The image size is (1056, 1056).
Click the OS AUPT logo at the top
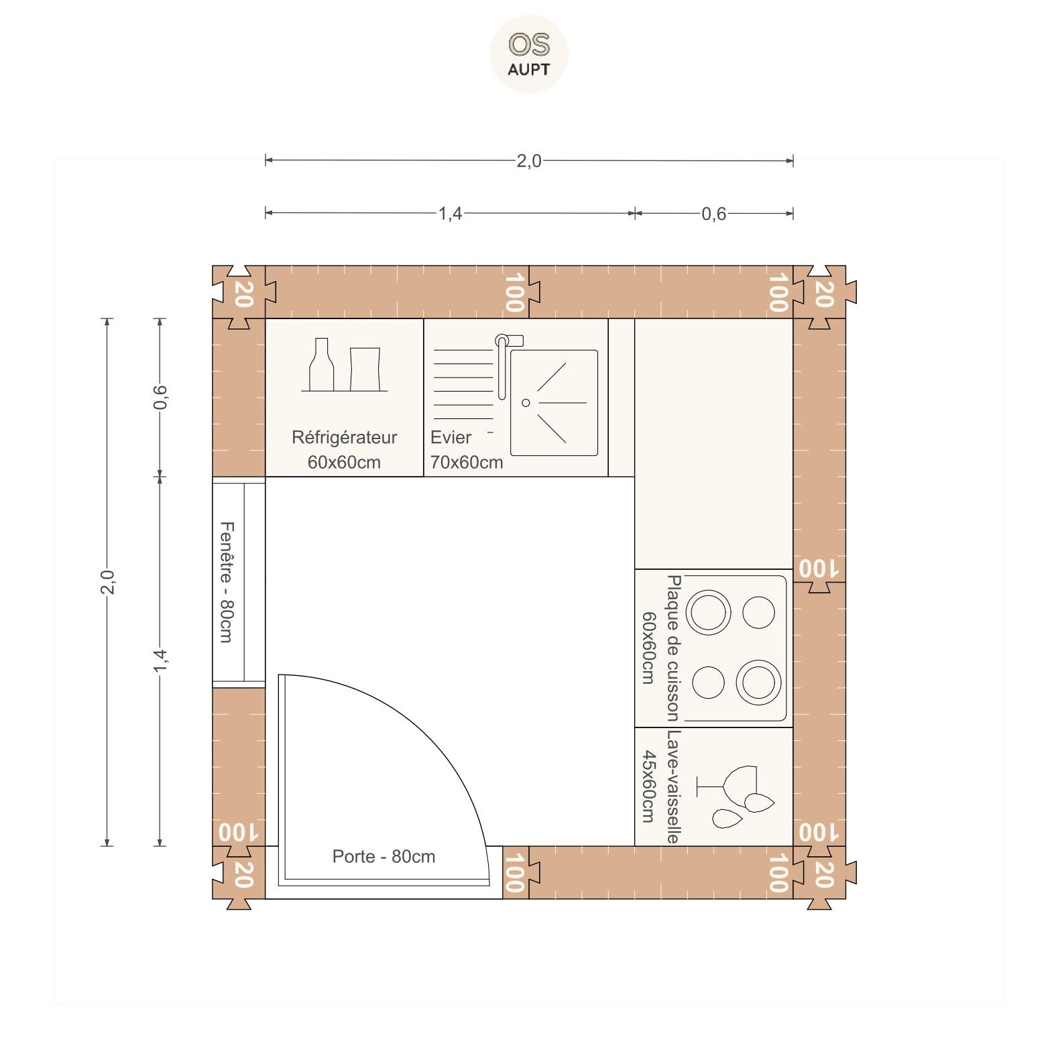click(x=529, y=54)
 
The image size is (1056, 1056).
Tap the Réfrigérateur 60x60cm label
click(x=345, y=449)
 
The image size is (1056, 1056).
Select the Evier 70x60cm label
click(x=466, y=449)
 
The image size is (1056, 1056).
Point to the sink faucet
click(x=504, y=362)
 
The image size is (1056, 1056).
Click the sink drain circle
click(x=526, y=403)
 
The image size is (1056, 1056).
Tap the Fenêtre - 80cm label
click(x=227, y=582)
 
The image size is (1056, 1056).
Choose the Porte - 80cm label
click(x=384, y=856)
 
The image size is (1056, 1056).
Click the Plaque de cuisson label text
click(x=673, y=648)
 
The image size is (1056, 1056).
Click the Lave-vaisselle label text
click(x=673, y=786)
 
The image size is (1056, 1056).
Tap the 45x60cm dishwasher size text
click(x=648, y=786)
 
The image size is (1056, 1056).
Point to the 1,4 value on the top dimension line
click(x=450, y=213)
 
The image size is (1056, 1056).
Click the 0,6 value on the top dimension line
click(x=713, y=214)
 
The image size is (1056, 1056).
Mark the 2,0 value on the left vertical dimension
click(x=107, y=582)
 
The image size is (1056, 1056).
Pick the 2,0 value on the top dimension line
click(x=528, y=161)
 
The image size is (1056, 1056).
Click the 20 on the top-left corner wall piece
click(x=242, y=294)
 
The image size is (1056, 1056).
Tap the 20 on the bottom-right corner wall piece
click(x=823, y=874)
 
